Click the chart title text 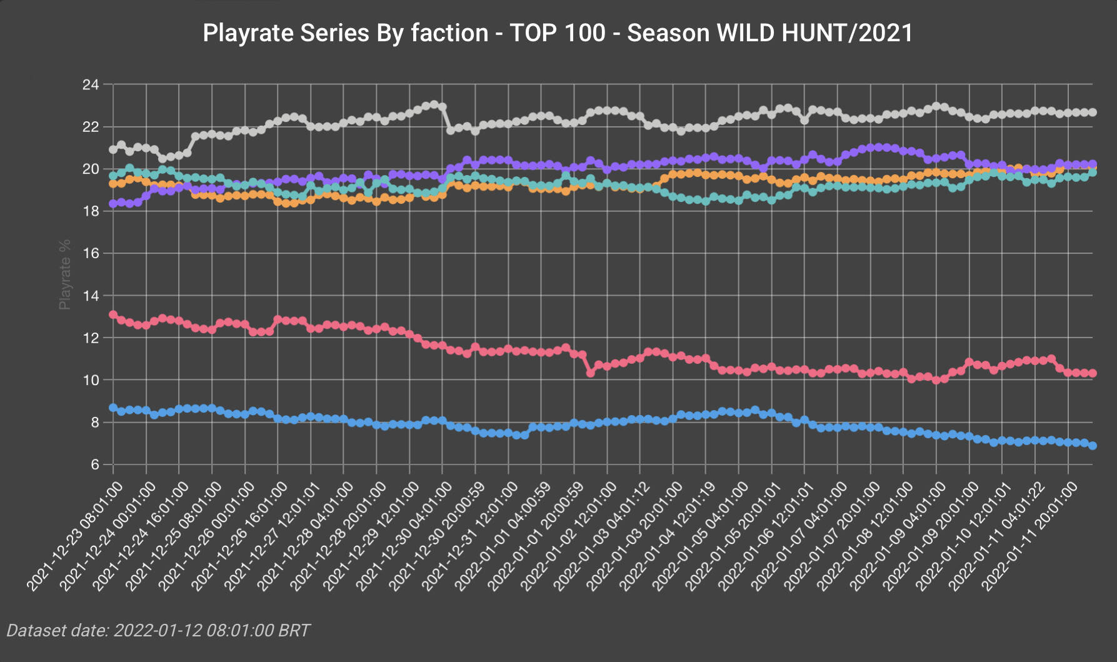(x=558, y=33)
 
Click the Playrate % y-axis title (x=64, y=274)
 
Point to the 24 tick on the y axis (x=91, y=84)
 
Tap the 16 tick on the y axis (x=91, y=253)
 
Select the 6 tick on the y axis (x=94, y=464)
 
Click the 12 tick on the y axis (x=91, y=338)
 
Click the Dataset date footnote (x=158, y=630)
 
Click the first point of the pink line (x=113, y=314)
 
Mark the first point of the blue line (x=113, y=408)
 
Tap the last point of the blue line (x=1093, y=446)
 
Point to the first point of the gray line (x=113, y=149)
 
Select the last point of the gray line (x=1093, y=113)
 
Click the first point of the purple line (x=113, y=204)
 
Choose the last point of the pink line (x=1093, y=373)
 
